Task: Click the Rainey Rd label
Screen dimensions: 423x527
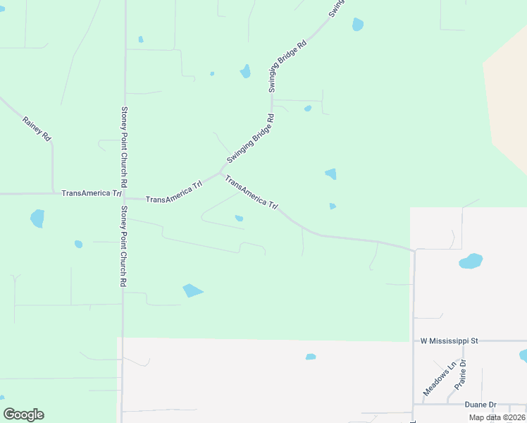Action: tap(37, 128)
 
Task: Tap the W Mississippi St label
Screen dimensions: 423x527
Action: tap(449, 341)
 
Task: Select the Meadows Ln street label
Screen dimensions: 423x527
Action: tap(439, 379)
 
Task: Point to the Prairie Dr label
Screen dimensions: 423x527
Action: tap(461, 375)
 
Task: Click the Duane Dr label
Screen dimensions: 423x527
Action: tap(480, 405)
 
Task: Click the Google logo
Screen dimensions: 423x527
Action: tap(23, 415)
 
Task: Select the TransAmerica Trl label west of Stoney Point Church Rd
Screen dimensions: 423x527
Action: tap(92, 193)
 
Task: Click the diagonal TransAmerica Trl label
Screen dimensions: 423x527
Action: tap(252, 192)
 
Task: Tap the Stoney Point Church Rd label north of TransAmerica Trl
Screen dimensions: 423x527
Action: tap(124, 146)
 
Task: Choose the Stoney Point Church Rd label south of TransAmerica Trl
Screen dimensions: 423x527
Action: tap(123, 245)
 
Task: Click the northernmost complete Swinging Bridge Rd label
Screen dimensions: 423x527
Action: tap(287, 66)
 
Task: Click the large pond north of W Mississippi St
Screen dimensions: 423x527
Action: tap(471, 261)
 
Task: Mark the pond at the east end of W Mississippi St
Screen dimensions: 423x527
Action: tap(523, 355)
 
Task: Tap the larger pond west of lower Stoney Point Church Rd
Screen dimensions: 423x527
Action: tap(37, 218)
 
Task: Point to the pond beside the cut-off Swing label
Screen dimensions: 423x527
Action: tap(358, 24)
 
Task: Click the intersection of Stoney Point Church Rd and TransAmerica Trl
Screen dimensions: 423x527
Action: tap(124, 197)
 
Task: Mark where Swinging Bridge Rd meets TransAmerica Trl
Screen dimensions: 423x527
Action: tap(221, 172)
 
